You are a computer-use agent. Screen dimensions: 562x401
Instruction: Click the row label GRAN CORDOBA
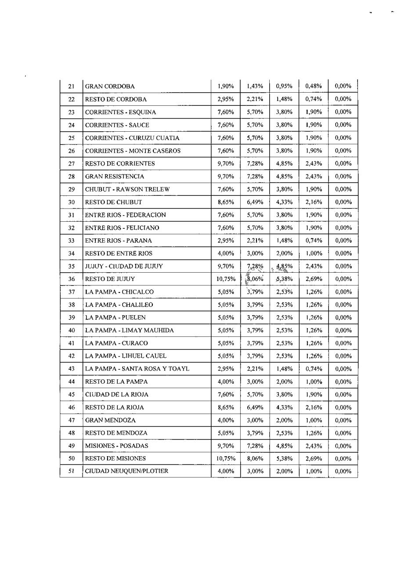click(110, 86)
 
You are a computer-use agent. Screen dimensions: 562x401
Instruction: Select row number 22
click(72, 100)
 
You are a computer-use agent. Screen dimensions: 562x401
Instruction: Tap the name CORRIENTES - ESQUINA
click(120, 112)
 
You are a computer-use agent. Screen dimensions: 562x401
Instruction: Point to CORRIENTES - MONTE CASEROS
click(133, 151)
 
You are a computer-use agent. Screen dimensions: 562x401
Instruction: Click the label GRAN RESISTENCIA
click(114, 177)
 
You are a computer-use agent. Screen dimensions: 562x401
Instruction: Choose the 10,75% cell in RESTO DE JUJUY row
click(226, 279)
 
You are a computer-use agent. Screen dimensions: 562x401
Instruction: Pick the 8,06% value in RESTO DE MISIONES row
click(255, 459)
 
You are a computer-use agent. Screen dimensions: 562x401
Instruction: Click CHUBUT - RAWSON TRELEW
click(127, 189)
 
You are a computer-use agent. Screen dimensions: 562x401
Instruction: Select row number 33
click(72, 241)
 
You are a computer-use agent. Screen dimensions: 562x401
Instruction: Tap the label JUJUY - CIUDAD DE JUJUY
click(124, 267)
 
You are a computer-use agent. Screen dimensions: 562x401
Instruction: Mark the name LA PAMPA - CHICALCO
click(119, 292)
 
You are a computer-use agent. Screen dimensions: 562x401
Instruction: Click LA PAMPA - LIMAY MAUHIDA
click(129, 331)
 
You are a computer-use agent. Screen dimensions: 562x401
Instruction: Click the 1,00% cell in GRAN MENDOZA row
click(314, 420)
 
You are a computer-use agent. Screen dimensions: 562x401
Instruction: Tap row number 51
click(72, 472)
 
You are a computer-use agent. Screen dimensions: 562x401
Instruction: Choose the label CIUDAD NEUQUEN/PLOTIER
click(126, 472)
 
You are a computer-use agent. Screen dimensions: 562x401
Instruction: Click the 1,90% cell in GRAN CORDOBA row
click(226, 86)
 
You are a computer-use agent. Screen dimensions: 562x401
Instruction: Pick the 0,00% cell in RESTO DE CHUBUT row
click(343, 202)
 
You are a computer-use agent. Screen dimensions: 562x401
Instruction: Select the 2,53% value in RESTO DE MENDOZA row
click(284, 433)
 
